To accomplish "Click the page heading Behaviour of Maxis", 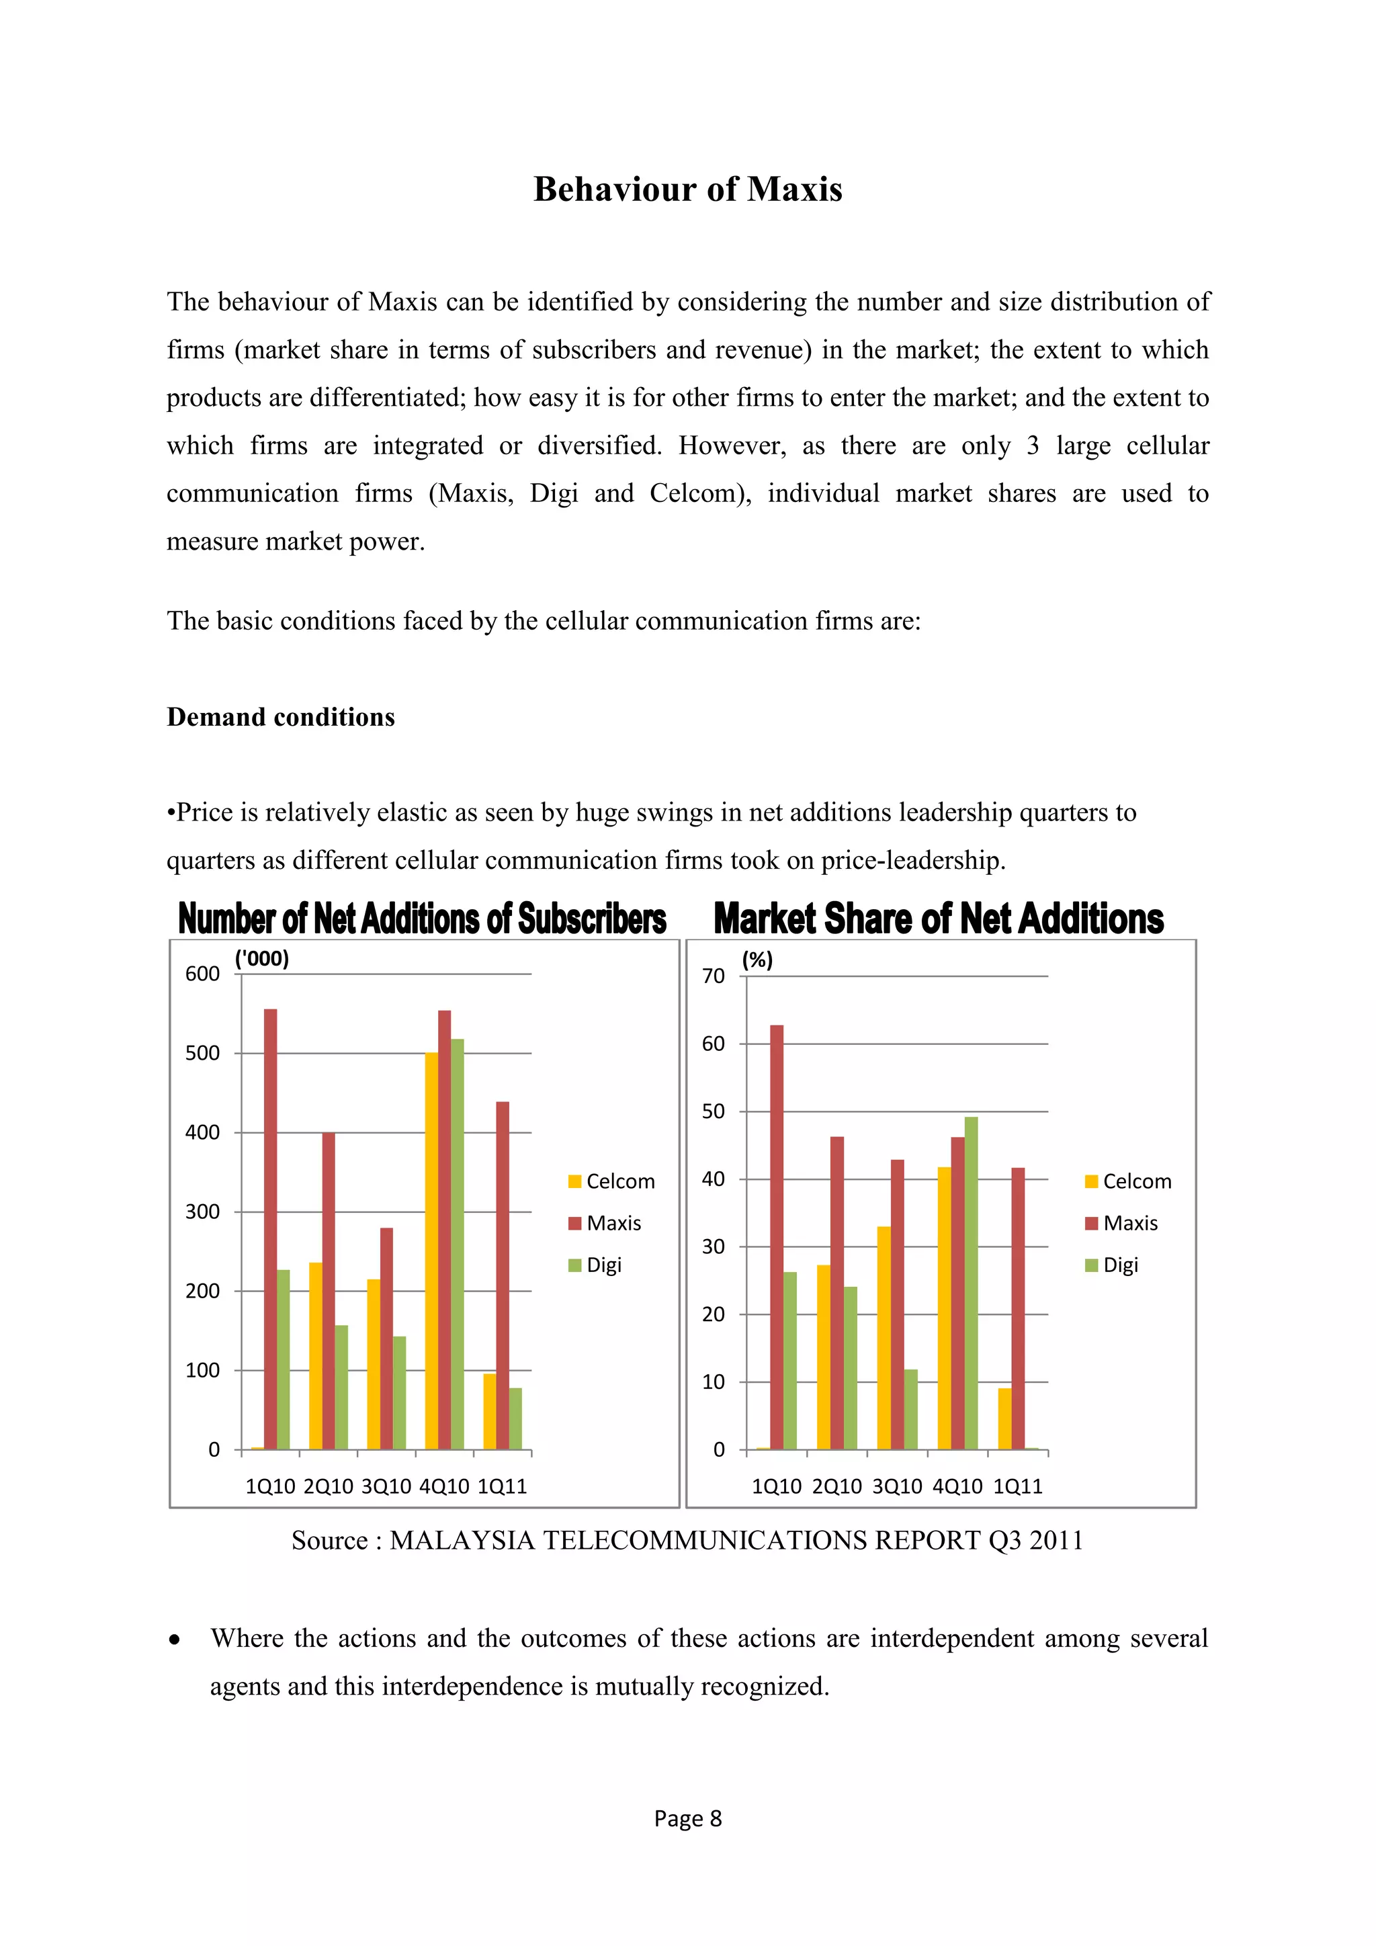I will [687, 189].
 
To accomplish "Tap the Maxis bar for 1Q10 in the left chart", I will [270, 1229].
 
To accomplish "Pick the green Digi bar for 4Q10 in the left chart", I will [458, 1244].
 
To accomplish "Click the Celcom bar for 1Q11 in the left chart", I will [489, 1412].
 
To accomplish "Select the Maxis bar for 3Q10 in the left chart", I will [386, 1339].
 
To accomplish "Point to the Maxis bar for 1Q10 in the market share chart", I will [776, 1238].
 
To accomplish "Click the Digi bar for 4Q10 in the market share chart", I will [971, 1283].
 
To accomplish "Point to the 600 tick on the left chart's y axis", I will [202, 974].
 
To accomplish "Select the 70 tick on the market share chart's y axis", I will [714, 976].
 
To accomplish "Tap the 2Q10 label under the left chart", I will [328, 1486].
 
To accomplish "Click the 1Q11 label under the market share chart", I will [1018, 1486].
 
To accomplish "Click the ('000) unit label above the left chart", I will [262, 959].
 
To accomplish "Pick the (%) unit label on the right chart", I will [757, 960].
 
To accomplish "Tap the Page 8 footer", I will [687, 1819].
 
